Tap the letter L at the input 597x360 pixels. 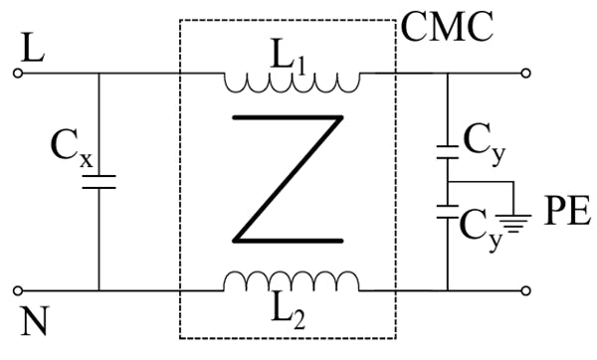pos(33,46)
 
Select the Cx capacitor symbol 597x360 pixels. pos(99,181)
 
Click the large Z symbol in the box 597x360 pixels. pos(289,179)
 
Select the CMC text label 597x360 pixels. pos(447,27)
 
